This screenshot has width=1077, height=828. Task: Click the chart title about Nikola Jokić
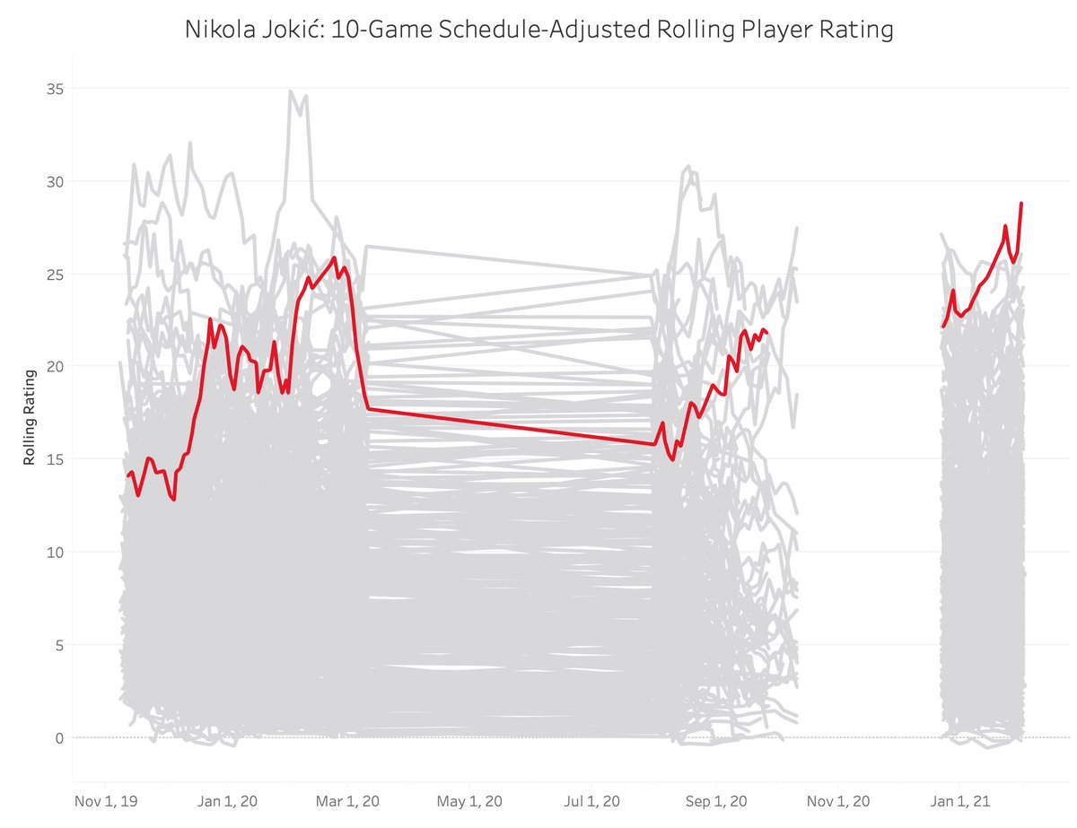(538, 30)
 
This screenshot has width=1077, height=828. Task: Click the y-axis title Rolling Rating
(29, 417)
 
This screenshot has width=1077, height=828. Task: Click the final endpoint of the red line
(1021, 204)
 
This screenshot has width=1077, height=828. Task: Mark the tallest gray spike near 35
(290, 91)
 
